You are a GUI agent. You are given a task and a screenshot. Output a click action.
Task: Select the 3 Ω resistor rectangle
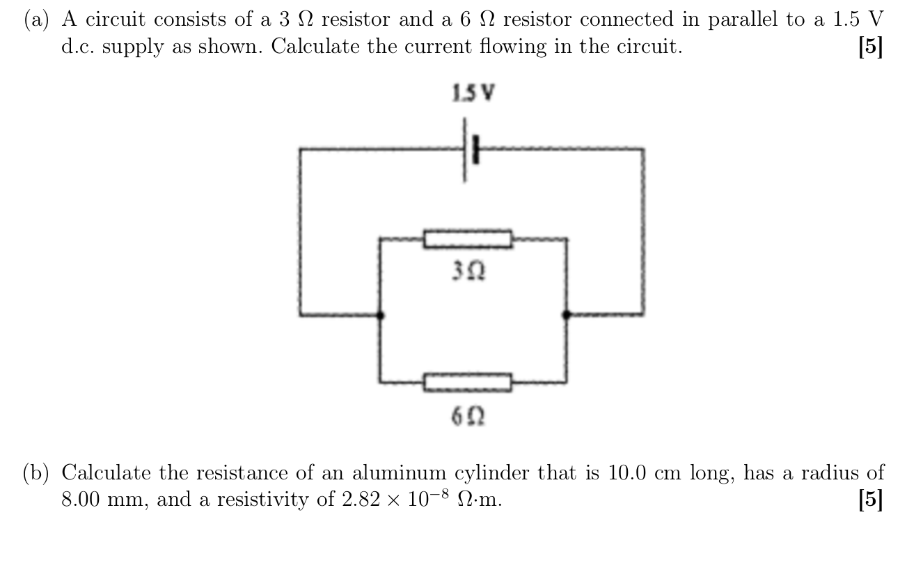point(468,239)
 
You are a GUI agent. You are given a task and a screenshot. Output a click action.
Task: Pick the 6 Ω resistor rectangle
point(468,382)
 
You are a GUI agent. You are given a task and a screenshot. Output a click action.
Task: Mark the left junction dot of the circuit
point(380,315)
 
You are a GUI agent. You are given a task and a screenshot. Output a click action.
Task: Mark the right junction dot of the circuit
point(566,315)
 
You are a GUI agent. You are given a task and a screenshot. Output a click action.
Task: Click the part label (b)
point(38,473)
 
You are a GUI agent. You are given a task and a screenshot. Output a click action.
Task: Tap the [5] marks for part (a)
point(871,47)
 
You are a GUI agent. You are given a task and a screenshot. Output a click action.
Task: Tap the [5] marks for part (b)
point(871,500)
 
